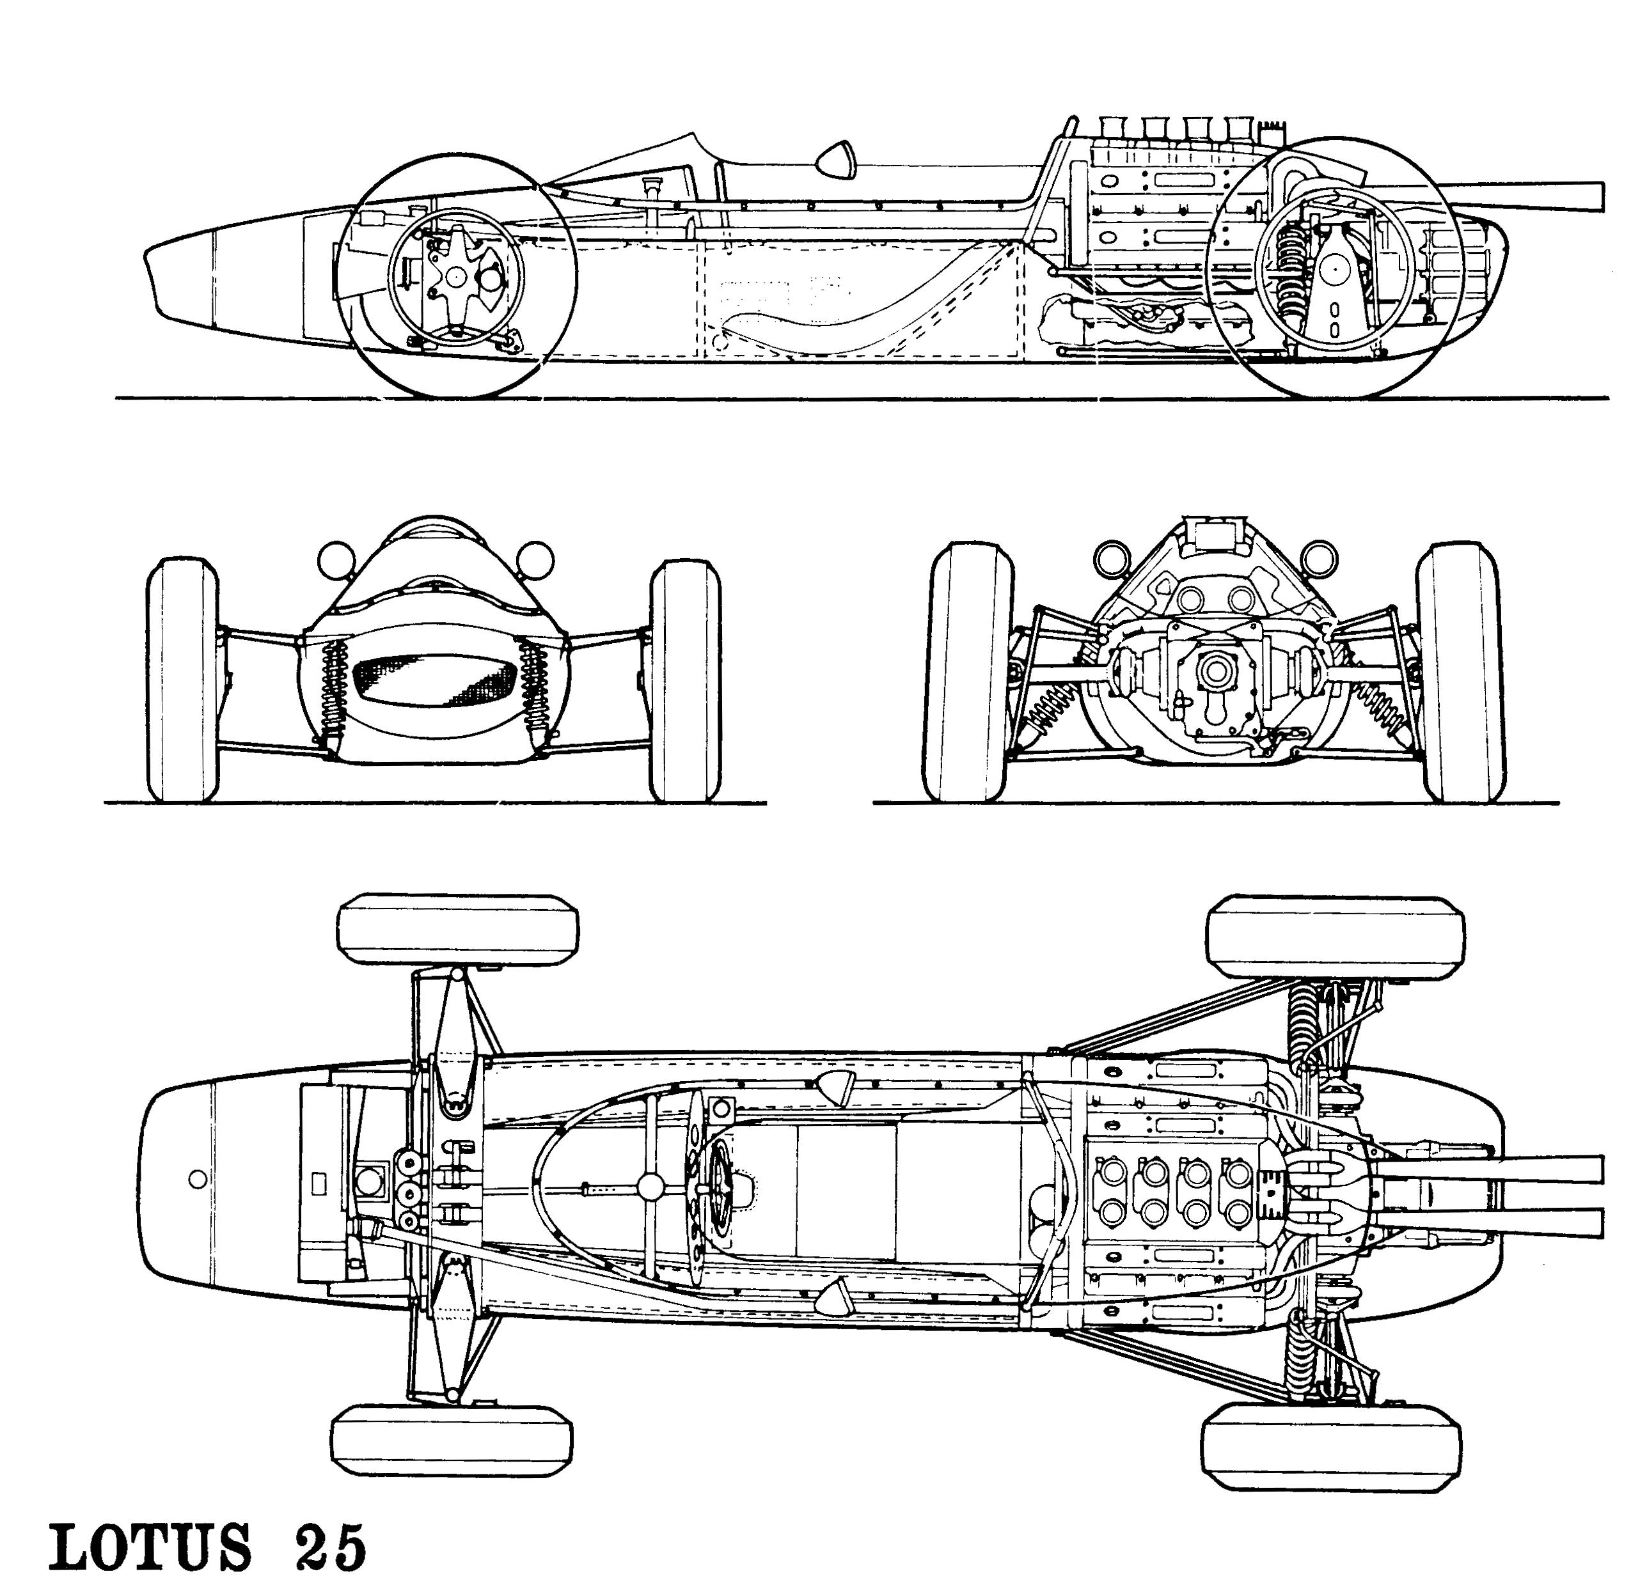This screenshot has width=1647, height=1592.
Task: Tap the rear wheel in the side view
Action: (1336, 267)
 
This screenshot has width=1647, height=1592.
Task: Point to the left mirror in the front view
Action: (338, 559)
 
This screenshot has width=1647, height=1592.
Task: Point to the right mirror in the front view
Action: (535, 559)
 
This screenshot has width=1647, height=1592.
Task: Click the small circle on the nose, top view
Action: (198, 1180)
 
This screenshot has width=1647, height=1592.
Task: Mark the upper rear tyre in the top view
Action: (1336, 936)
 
